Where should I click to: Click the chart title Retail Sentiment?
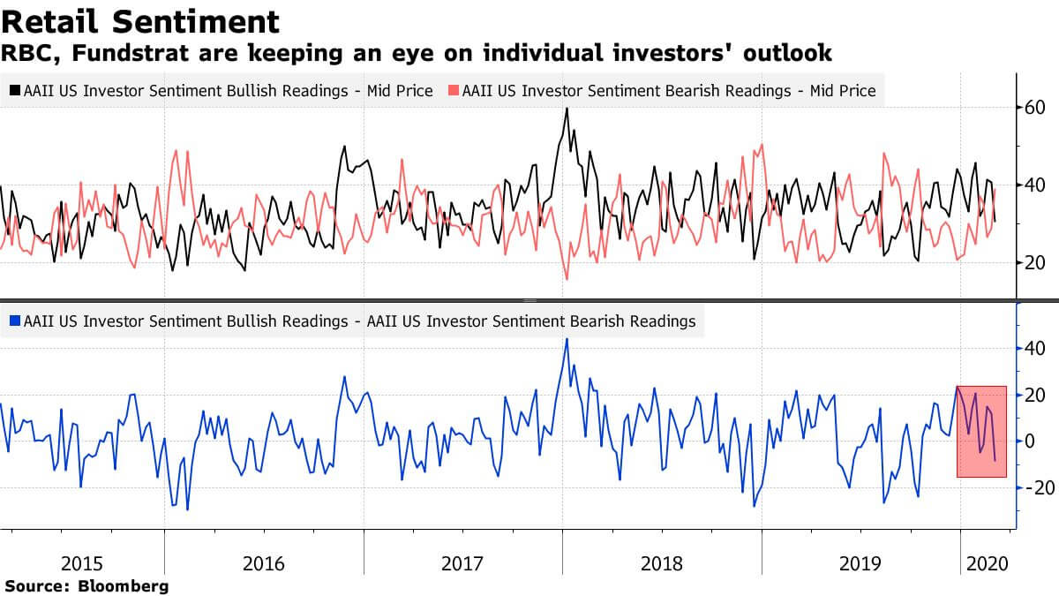point(140,21)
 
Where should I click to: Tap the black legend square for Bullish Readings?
point(15,91)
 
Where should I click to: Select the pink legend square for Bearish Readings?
point(454,91)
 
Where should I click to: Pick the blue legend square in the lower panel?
point(15,322)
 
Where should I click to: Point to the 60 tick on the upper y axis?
point(1034,108)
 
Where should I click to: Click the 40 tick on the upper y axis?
point(1034,185)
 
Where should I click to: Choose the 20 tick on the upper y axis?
point(1034,263)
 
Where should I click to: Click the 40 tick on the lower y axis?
point(1034,349)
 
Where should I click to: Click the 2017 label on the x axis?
point(464,562)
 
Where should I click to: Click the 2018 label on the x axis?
point(663,562)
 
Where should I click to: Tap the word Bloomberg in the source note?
point(123,585)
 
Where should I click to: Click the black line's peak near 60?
point(567,109)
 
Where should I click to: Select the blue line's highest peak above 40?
point(567,339)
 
